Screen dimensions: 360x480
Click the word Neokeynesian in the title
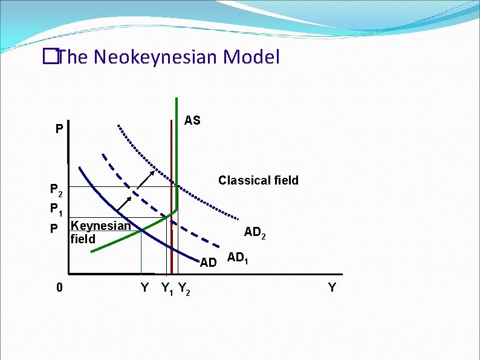pos(156,57)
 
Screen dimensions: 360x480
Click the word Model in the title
pos(251,57)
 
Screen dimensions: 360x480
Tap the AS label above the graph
pos(192,120)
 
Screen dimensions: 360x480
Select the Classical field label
pos(258,180)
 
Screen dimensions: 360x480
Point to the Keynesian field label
pos(100,232)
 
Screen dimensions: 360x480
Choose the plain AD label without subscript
pos(209,263)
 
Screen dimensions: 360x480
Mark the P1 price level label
pos(56,210)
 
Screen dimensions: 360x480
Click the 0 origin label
pos(58,287)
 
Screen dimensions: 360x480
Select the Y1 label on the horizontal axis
pos(167,289)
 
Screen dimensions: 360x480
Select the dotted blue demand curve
pos(199,197)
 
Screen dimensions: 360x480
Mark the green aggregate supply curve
pos(177,151)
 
